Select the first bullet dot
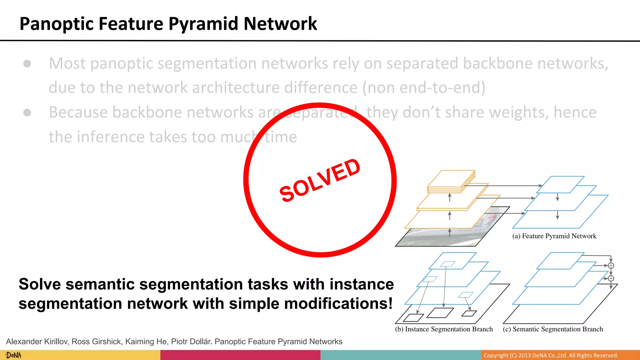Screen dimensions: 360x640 pyautogui.click(x=27, y=64)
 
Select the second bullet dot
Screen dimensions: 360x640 pyautogui.click(x=27, y=112)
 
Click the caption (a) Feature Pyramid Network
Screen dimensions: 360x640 pyautogui.click(x=554, y=236)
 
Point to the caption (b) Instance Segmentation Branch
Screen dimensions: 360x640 pyautogui.click(x=444, y=329)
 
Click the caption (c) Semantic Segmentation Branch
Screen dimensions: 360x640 pyautogui.click(x=553, y=329)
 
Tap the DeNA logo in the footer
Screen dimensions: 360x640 pyautogui.click(x=13, y=355)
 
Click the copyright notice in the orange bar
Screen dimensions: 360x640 pyautogui.click(x=551, y=355)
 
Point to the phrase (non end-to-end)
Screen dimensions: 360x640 pyautogui.click(x=424, y=88)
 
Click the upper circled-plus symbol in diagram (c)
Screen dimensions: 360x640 pyautogui.click(x=611, y=266)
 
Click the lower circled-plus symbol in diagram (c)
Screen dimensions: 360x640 pyautogui.click(x=611, y=278)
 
